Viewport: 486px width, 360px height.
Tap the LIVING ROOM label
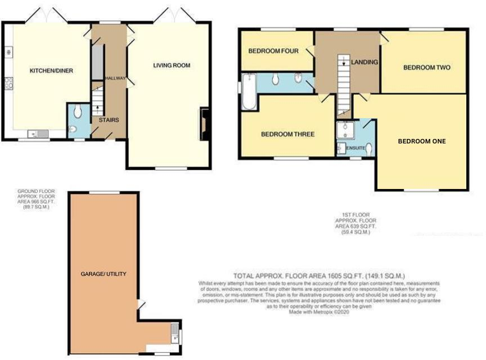click(x=172, y=65)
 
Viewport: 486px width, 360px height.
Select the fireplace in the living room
click(x=203, y=124)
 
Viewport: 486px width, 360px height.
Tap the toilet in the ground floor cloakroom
click(x=78, y=111)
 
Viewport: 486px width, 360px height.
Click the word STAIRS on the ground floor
click(x=108, y=120)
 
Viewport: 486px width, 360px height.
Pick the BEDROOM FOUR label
click(x=273, y=51)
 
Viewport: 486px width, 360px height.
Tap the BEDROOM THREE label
click(x=287, y=134)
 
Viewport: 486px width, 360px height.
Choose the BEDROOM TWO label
click(x=427, y=67)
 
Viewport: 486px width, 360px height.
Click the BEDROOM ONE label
click(x=421, y=141)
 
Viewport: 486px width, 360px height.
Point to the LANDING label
click(x=364, y=62)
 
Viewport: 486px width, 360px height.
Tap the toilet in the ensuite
click(x=368, y=133)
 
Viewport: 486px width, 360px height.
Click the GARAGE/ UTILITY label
click(x=103, y=274)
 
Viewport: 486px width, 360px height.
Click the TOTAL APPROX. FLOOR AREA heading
click(x=319, y=276)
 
